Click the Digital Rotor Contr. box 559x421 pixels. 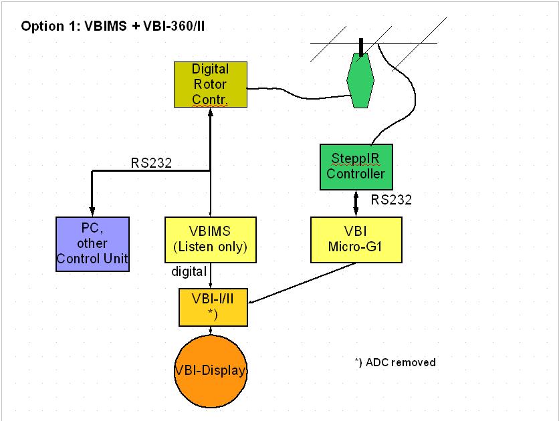211,84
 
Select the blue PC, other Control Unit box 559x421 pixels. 92,244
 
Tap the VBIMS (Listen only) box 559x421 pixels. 211,240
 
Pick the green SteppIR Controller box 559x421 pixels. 356,166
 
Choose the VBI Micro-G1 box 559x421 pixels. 356,240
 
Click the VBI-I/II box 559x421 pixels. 213,307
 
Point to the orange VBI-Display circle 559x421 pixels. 211,371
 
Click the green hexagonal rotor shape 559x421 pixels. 360,80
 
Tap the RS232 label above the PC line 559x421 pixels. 151,163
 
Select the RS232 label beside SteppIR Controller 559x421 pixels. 391,199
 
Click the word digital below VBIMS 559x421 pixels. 189,271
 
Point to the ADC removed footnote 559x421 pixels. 395,362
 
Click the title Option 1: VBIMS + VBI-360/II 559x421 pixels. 112,26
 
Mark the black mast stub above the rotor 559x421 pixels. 361,47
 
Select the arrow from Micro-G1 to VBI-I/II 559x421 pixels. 302,283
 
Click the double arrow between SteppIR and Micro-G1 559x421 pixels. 356,203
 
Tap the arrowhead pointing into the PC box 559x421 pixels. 92,211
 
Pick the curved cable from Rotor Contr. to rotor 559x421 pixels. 299,94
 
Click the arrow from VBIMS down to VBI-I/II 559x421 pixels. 211,275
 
